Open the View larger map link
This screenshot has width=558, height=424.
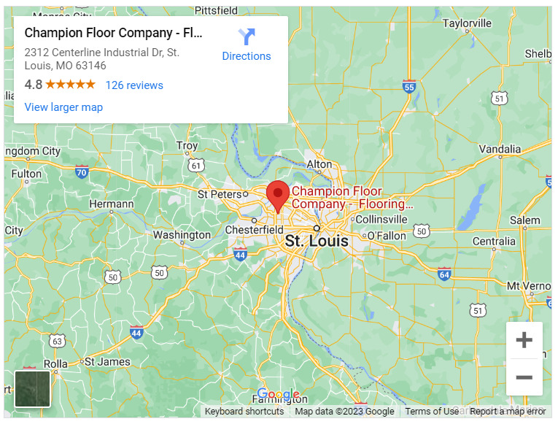pos(63,107)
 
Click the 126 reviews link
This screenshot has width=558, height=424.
pos(134,85)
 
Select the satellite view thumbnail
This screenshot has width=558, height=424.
pos(33,388)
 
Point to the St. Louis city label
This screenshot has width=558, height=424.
pos(316,241)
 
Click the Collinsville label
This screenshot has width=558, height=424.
pos(381,219)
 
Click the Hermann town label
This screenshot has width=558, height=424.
pos(112,204)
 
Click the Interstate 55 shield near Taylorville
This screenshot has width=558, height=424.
pos(408,86)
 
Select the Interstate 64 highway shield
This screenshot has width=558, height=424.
pos(444,274)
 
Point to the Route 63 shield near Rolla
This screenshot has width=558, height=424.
pos(58,341)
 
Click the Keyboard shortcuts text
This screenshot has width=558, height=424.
pos(244,412)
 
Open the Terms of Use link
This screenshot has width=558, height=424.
pos(432,412)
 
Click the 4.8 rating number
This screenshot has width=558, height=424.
pos(33,85)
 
